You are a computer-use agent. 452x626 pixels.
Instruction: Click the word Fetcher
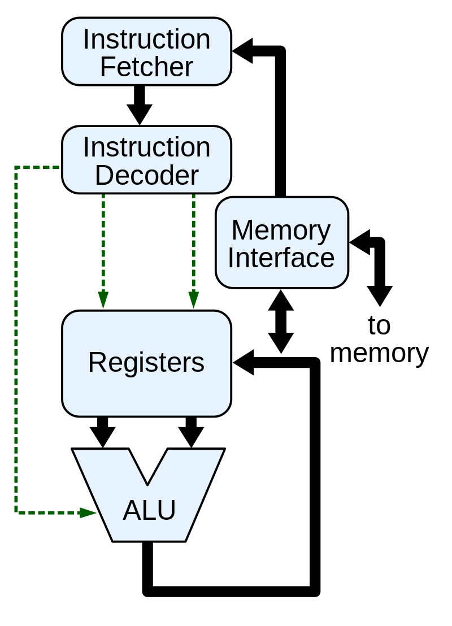click(x=146, y=67)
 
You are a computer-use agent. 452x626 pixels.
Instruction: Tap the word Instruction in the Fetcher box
click(x=146, y=39)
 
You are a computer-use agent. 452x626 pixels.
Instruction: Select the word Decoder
click(x=146, y=175)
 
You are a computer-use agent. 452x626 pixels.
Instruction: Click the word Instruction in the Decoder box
click(x=146, y=147)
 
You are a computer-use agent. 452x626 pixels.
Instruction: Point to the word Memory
click(x=281, y=230)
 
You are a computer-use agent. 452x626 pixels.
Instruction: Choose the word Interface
click(x=281, y=258)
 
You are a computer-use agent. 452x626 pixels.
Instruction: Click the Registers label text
click(x=146, y=362)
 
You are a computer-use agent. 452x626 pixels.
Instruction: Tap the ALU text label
click(x=149, y=510)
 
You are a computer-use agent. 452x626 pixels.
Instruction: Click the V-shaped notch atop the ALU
click(x=148, y=469)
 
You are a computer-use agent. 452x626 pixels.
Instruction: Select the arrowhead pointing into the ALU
click(x=88, y=512)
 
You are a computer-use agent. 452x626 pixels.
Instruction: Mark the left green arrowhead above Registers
click(x=103, y=300)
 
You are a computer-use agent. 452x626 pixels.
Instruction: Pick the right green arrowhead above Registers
click(x=194, y=300)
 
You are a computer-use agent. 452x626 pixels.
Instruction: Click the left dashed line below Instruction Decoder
click(x=103, y=243)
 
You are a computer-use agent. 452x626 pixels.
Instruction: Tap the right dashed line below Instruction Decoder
click(x=194, y=243)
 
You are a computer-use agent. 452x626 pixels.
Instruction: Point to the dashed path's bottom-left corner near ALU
click(x=16, y=512)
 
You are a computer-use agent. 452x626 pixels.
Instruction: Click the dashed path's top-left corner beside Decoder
click(x=16, y=168)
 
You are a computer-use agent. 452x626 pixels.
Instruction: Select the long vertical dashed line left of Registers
click(x=16, y=339)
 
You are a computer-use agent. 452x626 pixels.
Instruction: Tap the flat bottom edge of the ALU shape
click(x=149, y=540)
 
